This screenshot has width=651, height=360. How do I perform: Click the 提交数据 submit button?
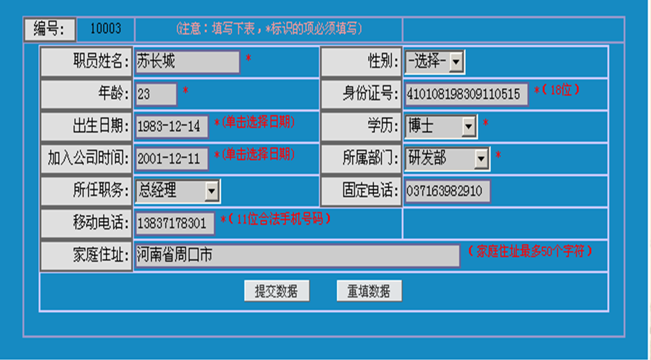click(x=276, y=291)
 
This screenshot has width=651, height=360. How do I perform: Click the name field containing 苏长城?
click(x=187, y=62)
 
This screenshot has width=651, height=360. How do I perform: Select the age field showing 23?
click(x=156, y=94)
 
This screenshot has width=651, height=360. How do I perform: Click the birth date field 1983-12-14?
click(x=172, y=126)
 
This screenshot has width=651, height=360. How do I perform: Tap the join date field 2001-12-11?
click(x=172, y=158)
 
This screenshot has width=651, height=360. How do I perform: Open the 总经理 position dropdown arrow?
click(x=212, y=191)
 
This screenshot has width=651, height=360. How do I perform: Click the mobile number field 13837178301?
click(x=175, y=224)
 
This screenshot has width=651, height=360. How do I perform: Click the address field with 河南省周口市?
click(x=297, y=255)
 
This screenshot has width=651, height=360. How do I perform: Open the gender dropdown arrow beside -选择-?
click(x=456, y=63)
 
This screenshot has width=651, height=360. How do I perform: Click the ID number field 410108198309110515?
click(x=466, y=94)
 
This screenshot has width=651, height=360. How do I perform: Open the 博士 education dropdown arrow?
click(x=469, y=125)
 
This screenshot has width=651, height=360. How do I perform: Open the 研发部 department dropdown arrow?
click(x=481, y=158)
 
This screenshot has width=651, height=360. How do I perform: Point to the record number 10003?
click(x=105, y=29)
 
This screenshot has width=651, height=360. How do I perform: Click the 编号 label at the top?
click(x=49, y=29)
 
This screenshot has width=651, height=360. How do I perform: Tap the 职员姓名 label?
click(x=87, y=62)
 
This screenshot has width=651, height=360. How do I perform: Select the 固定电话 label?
click(x=361, y=191)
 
